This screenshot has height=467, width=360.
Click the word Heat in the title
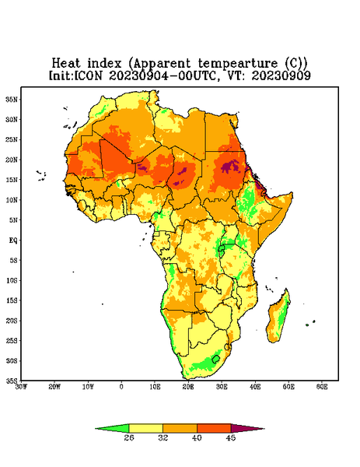66,64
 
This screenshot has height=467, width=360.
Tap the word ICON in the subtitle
88,75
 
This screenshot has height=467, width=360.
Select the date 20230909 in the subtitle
281,75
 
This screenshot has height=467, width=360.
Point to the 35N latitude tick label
12,99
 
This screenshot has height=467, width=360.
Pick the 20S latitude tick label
12,321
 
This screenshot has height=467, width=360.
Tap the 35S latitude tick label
12,381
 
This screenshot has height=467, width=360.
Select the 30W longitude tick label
21,387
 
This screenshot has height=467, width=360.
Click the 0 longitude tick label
121,387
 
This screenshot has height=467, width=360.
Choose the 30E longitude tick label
222,387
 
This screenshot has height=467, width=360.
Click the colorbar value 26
129,437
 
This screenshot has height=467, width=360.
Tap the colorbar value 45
231,437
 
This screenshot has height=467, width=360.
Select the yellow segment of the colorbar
145,429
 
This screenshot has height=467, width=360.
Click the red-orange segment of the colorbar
214,429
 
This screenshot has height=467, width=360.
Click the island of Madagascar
278,318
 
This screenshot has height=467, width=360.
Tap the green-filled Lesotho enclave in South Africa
216,359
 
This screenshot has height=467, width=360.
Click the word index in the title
104,64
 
